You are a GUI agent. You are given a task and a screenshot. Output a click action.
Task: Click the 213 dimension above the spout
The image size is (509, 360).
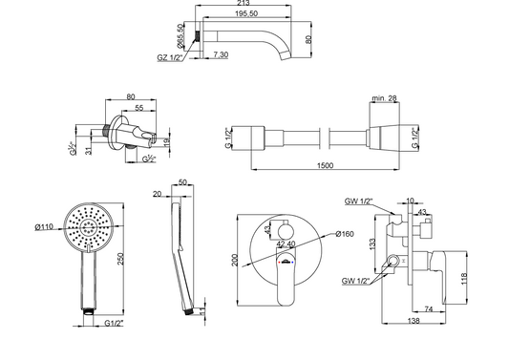click(x=244, y=3)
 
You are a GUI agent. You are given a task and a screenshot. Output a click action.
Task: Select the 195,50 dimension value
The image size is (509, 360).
click(x=246, y=13)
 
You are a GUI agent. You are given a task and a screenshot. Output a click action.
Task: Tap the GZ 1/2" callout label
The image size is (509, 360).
click(x=169, y=58)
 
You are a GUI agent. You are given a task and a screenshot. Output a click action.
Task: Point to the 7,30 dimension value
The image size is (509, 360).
click(x=221, y=54)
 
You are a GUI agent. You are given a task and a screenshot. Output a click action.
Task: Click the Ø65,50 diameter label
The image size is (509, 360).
click(x=180, y=35)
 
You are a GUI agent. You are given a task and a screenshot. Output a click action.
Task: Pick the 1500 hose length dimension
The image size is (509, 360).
click(x=325, y=165)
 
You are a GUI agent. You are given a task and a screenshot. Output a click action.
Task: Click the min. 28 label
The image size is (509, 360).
click(x=384, y=98)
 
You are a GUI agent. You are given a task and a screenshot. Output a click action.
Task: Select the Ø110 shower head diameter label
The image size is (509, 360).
click(x=44, y=226)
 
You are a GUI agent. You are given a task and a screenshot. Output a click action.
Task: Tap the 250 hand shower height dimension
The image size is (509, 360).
click(x=120, y=259)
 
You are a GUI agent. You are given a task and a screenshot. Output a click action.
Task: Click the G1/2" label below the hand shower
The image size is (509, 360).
click(x=114, y=323)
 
